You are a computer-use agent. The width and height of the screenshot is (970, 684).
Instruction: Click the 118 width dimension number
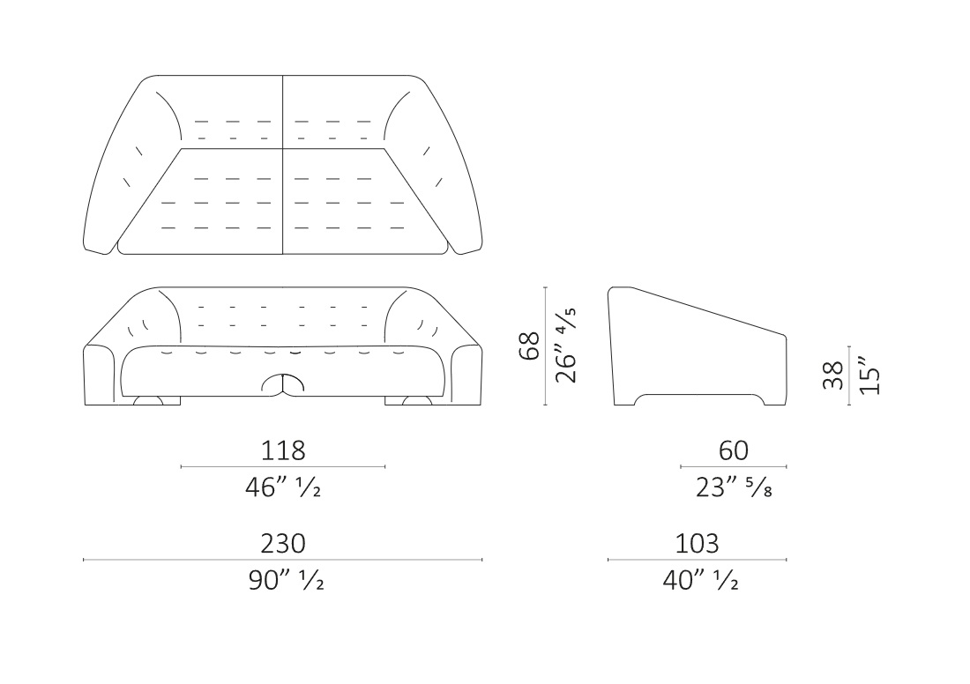(283, 450)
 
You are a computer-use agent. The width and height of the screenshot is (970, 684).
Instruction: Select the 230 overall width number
(283, 544)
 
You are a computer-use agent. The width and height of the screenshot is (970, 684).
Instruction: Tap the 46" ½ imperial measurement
(283, 487)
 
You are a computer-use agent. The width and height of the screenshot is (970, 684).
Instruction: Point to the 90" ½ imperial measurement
(286, 580)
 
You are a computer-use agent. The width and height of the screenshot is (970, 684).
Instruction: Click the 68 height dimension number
(530, 346)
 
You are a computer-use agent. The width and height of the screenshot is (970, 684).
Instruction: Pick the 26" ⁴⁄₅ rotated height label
(566, 346)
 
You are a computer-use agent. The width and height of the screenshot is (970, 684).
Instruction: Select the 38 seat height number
(834, 375)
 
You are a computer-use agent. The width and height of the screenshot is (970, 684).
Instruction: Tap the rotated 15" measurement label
(869, 375)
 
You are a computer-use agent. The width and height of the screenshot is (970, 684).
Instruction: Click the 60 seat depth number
(734, 450)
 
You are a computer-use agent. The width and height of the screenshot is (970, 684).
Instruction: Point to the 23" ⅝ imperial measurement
(734, 487)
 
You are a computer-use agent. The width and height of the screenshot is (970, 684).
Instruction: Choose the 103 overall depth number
(697, 544)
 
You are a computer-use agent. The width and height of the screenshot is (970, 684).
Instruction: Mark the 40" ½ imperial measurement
(700, 580)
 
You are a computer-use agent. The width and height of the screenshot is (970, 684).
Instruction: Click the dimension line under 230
(283, 560)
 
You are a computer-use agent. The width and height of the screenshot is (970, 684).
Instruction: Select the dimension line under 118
(283, 467)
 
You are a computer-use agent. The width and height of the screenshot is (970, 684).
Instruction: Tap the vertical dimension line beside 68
(545, 346)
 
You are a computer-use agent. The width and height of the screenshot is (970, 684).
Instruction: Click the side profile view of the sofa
(698, 346)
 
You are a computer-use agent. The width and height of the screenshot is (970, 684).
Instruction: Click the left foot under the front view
(148, 400)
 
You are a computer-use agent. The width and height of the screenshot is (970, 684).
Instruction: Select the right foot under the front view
(417, 400)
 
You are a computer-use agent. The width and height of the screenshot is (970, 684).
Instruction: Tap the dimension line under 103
(698, 560)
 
